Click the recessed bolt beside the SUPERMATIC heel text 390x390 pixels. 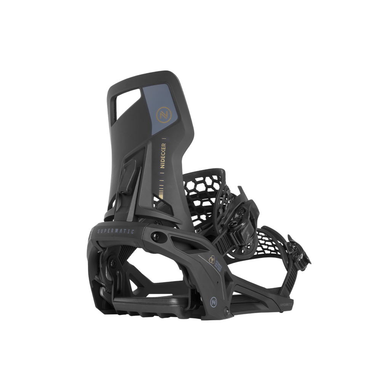pos(155,236)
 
